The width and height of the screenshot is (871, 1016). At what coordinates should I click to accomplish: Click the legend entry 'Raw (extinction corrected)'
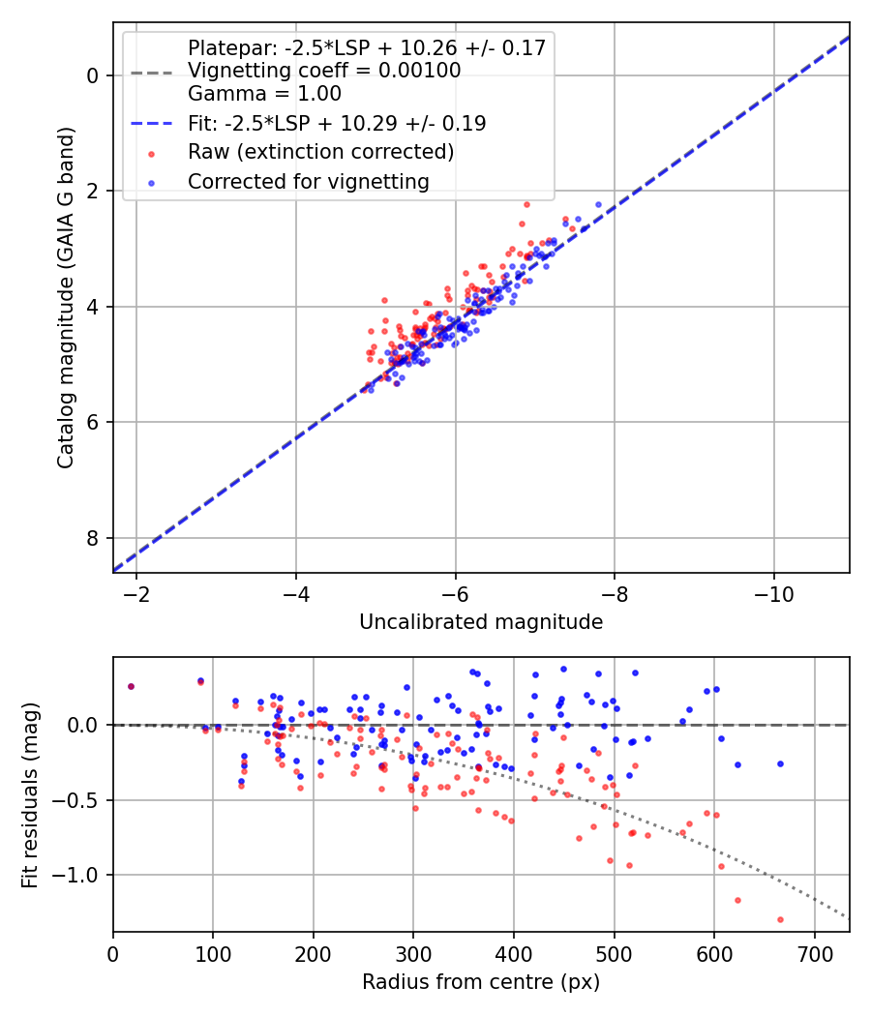pyautogui.click(x=320, y=152)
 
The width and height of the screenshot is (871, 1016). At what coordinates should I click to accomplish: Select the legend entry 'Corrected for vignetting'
pyautogui.click(x=308, y=181)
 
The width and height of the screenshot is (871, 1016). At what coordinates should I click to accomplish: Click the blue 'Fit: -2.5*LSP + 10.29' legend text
pyautogui.click(x=336, y=123)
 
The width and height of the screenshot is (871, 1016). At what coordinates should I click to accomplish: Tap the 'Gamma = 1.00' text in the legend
pyautogui.click(x=264, y=94)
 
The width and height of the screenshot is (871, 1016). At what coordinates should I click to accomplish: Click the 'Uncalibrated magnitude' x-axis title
pyautogui.click(x=481, y=622)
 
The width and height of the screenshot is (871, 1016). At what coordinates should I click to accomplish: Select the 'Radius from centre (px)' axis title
pyautogui.click(x=481, y=982)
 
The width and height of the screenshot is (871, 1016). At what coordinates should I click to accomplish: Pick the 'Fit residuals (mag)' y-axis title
pyautogui.click(x=30, y=794)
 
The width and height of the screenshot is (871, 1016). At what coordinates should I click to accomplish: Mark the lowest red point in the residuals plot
pyautogui.click(x=780, y=919)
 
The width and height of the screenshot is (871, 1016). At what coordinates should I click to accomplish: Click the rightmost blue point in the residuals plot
pyautogui.click(x=780, y=763)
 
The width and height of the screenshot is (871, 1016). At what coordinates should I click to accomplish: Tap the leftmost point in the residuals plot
pyautogui.click(x=131, y=686)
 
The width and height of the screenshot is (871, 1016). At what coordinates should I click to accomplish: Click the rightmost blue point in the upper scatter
pyautogui.click(x=598, y=205)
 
